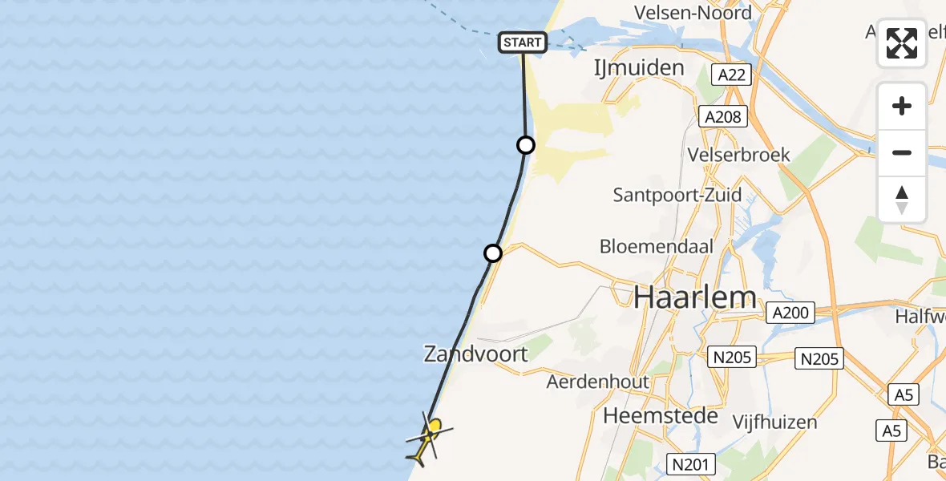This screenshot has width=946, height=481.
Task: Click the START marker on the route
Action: pyautogui.click(x=523, y=42)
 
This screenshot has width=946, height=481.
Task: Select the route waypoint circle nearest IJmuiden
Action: pyautogui.click(x=525, y=145)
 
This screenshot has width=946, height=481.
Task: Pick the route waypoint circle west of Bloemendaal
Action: pyautogui.click(x=493, y=253)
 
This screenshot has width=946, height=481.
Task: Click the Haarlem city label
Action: pyautogui.click(x=695, y=298)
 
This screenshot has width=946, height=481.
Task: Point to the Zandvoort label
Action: pyautogui.click(x=476, y=354)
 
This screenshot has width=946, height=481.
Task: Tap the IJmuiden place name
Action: pyautogui.click(x=638, y=67)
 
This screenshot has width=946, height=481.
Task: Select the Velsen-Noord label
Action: pyautogui.click(x=693, y=13)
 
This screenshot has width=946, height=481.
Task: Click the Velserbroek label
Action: pyautogui.click(x=739, y=155)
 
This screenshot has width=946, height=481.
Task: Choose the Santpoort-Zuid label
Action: pyautogui.click(x=677, y=195)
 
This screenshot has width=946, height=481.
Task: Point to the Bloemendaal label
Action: pyautogui.click(x=657, y=246)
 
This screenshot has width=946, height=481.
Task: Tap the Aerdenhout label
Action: pyautogui.click(x=597, y=382)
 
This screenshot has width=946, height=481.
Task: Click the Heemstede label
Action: pyautogui.click(x=652, y=415)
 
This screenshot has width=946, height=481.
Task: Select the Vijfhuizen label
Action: pyautogui.click(x=774, y=422)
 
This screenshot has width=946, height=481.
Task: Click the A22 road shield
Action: pyautogui.click(x=731, y=75)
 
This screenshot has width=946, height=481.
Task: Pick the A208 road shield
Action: pyautogui.click(x=722, y=117)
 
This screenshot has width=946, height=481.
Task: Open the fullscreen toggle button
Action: pyautogui.click(x=902, y=43)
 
